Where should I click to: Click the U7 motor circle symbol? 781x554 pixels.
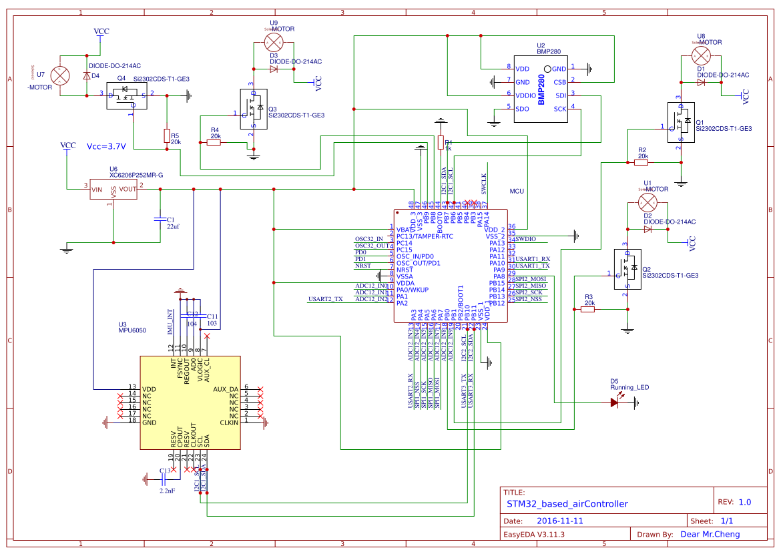61,76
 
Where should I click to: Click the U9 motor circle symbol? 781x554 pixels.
272,43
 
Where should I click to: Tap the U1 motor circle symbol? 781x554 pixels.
647,202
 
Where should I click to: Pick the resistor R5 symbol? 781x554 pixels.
166,136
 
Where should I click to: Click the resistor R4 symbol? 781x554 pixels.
214,142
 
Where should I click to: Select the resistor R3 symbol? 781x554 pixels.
588,309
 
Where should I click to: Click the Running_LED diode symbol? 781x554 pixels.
615,402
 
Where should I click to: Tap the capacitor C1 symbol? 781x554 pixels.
160,218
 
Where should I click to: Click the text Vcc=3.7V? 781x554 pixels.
106,146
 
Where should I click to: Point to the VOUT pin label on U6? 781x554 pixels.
127,189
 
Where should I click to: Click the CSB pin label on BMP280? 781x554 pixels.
559,82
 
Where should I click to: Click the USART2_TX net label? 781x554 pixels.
325,299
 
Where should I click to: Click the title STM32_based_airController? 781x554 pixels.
567,504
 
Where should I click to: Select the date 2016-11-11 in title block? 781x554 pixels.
560,521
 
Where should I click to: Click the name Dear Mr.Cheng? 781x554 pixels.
710,534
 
